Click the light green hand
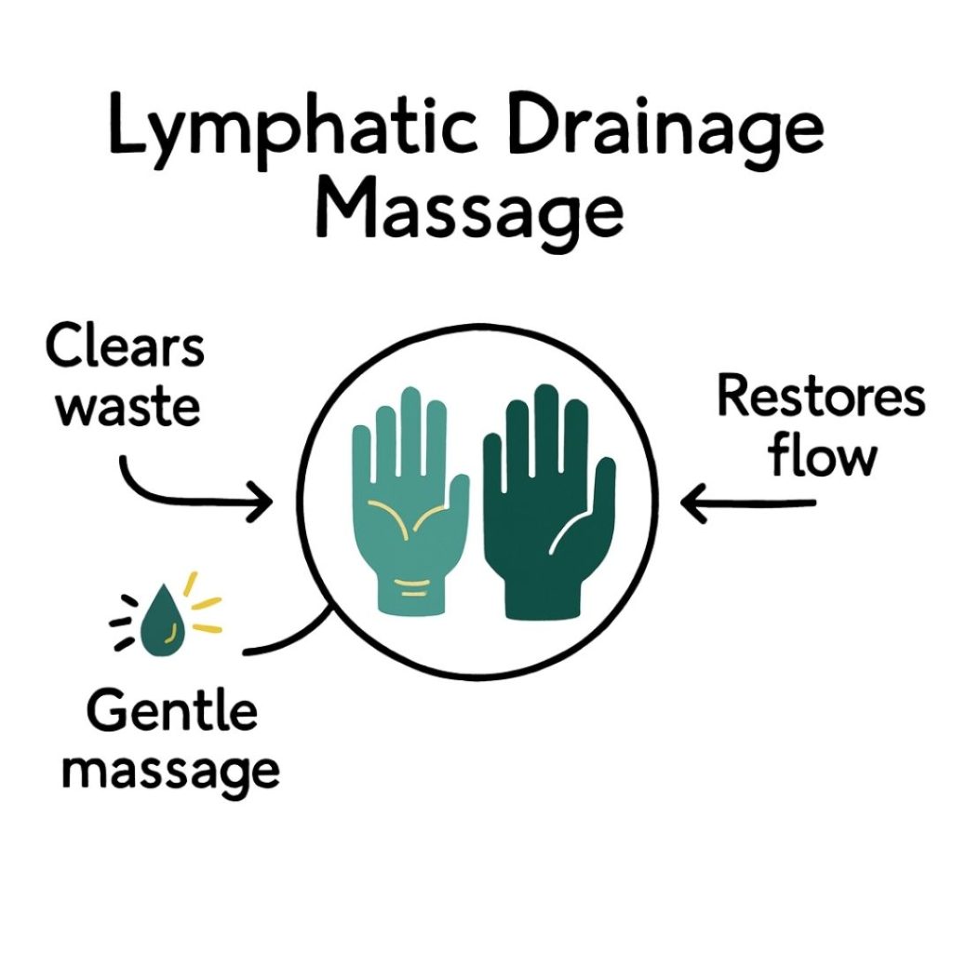(410, 521)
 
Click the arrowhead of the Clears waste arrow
(263, 503)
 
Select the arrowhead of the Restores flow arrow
(691, 503)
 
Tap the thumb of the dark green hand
(604, 484)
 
